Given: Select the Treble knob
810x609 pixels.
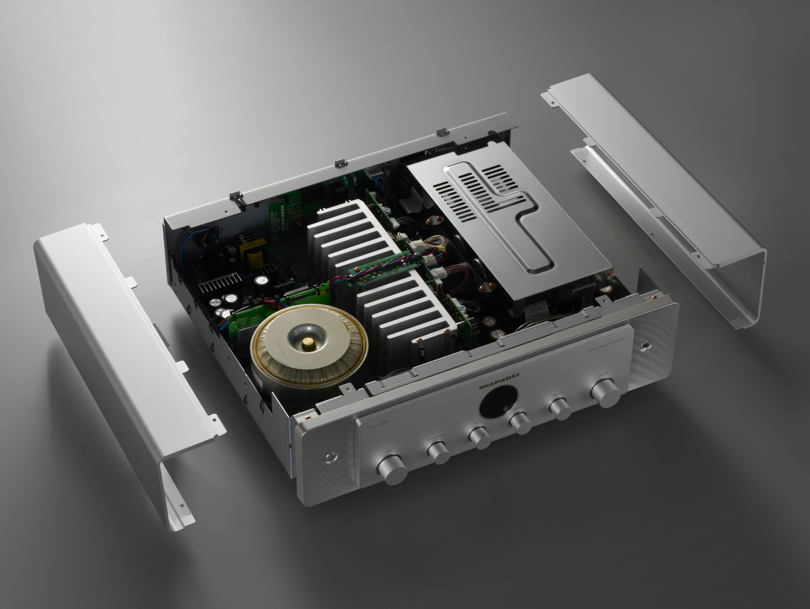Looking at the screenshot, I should pos(520,423).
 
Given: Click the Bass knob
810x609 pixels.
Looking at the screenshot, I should pos(479,438).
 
